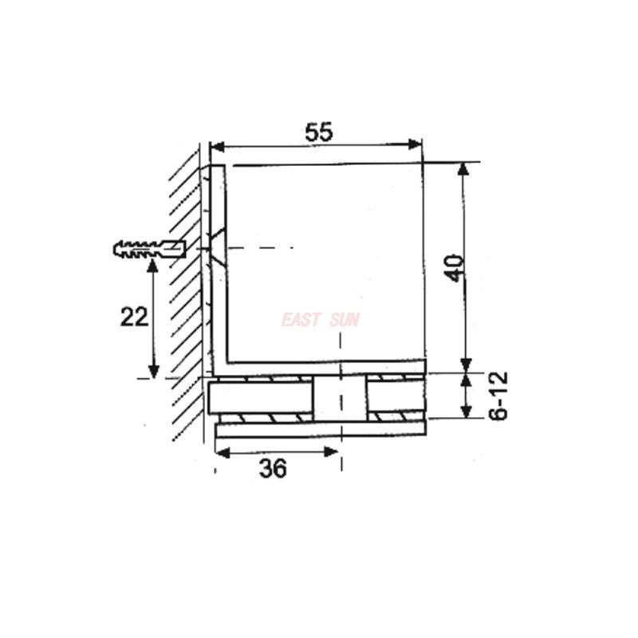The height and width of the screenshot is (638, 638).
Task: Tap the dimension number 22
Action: coord(134,317)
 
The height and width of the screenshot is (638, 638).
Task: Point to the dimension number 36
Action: coord(273,469)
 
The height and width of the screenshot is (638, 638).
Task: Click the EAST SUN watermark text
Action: coord(321,321)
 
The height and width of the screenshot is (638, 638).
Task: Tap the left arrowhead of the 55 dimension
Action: coord(217,145)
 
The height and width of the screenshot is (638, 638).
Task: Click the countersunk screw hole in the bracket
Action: coord(217,249)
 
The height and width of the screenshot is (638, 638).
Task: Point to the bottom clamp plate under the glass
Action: coord(319,431)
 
